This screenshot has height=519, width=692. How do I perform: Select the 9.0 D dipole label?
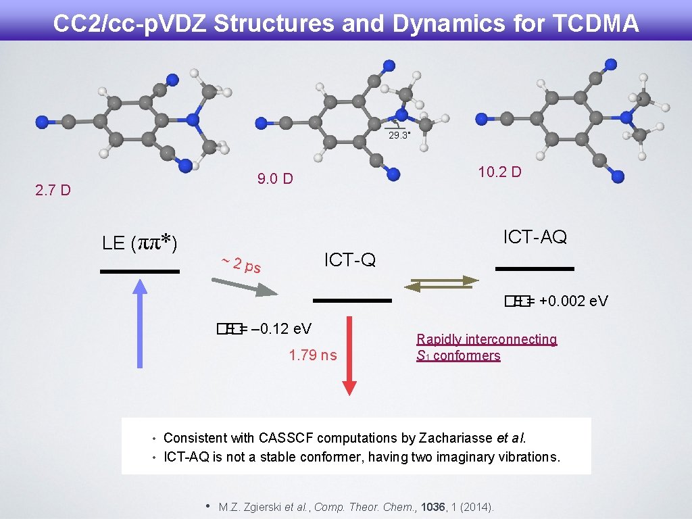pyautogui.click(x=275, y=179)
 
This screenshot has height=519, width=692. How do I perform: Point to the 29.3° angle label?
pyautogui.click(x=399, y=135)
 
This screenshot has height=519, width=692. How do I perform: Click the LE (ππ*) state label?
pyautogui.click(x=139, y=243)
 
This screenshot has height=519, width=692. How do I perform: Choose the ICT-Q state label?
pyautogui.click(x=349, y=259)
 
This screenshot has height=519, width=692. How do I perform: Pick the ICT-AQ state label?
pyautogui.click(x=535, y=237)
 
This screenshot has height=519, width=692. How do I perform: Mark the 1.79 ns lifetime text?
pyautogui.click(x=312, y=355)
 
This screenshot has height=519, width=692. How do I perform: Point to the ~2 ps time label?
pyautogui.click(x=241, y=264)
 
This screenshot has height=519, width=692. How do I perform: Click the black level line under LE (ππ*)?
pyautogui.click(x=139, y=271)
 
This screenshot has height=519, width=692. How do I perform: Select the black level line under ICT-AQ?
pyautogui.click(x=534, y=269)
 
